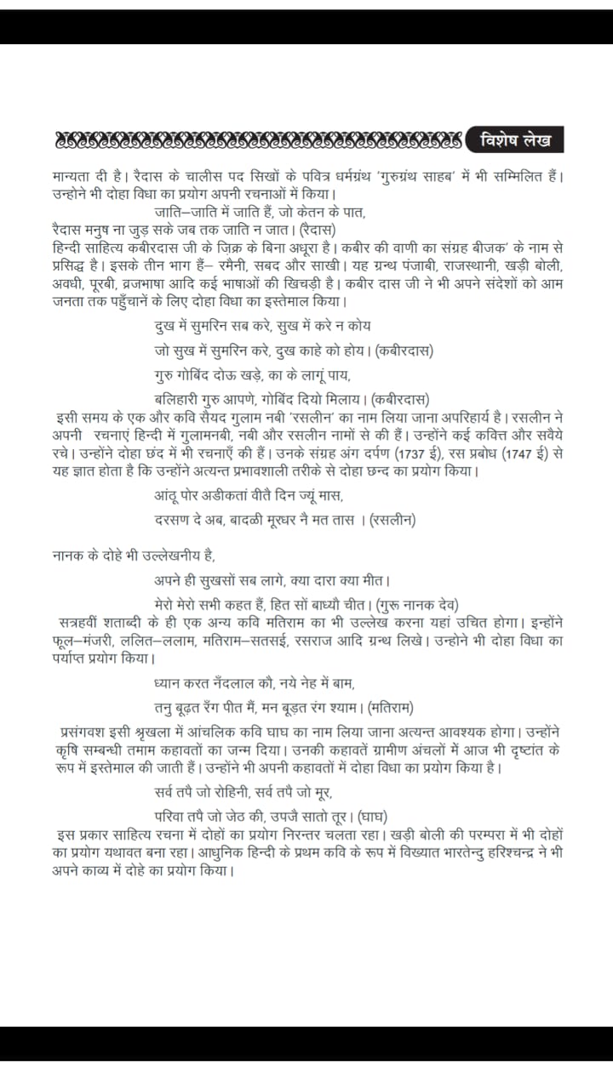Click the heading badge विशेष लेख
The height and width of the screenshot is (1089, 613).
[515, 139]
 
